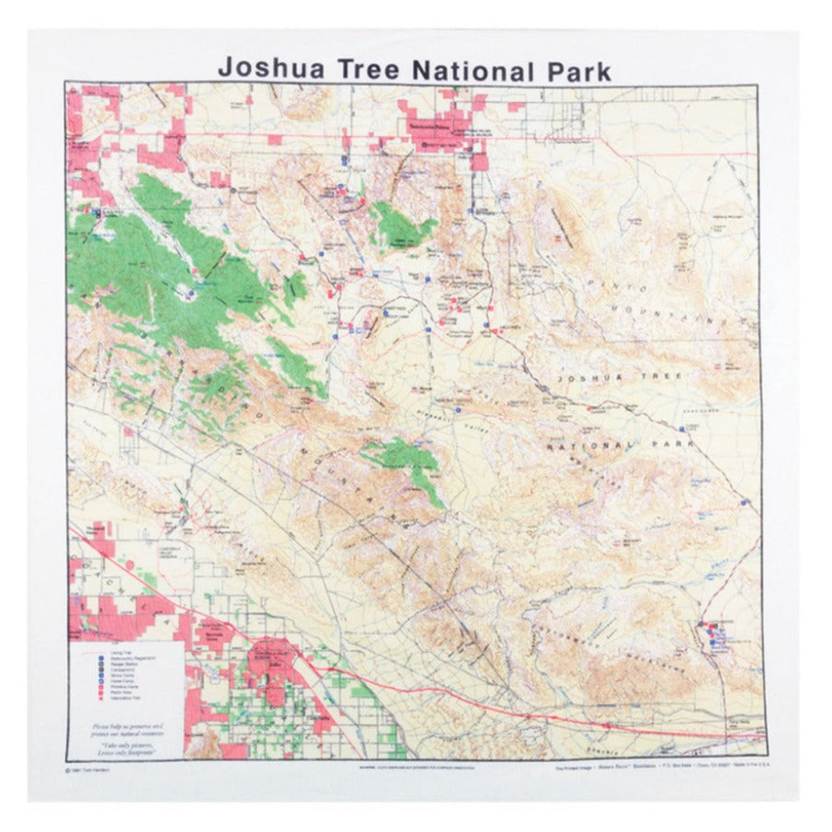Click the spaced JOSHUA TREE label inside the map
621,377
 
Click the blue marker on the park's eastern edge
743,503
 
